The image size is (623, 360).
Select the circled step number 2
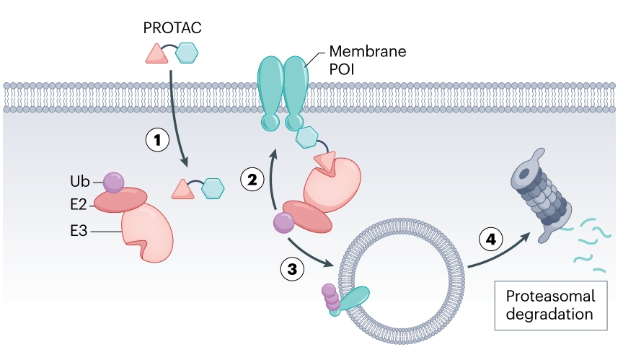tap(252, 180)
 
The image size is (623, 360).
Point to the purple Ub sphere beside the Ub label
tap(113, 183)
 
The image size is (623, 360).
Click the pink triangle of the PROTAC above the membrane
tap(156, 54)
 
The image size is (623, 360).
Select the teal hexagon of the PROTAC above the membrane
tap(187, 53)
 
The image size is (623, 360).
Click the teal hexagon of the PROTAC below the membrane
tap(213, 190)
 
